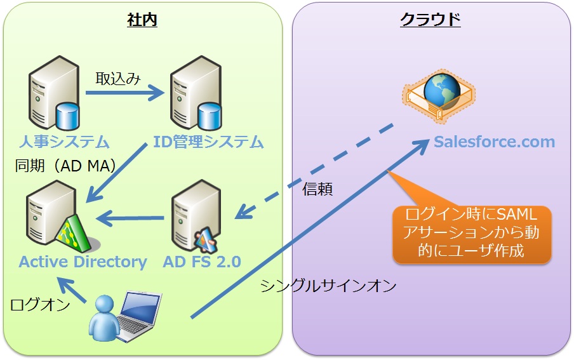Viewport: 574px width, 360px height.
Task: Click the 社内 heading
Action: point(142,20)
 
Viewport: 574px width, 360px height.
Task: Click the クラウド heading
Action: point(430,20)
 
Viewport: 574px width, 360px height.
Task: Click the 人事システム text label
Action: point(63,142)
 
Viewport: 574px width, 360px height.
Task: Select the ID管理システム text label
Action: point(208,142)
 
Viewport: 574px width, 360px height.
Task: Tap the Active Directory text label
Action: point(83,262)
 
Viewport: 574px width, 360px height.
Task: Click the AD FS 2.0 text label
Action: point(202,262)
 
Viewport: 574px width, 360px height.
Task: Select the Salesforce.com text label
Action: point(495,142)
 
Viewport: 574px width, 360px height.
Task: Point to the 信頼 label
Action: point(317,189)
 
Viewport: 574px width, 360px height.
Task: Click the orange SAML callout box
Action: point(471,232)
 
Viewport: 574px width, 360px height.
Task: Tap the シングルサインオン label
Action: point(328,286)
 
